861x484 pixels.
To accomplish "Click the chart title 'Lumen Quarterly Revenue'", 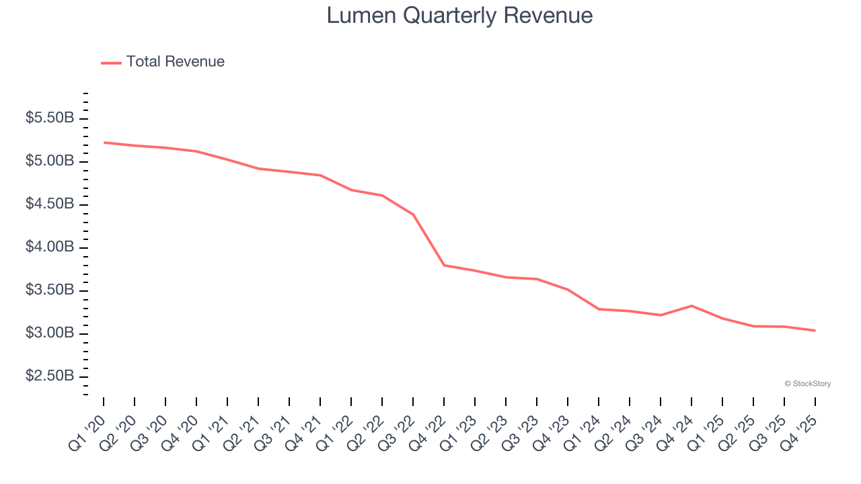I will [x=459, y=15].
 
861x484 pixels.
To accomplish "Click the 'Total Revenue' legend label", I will [x=175, y=62].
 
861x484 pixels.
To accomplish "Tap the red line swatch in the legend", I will [x=111, y=63].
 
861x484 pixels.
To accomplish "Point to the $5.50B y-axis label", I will [x=49, y=118].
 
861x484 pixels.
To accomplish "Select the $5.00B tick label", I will [x=49, y=161].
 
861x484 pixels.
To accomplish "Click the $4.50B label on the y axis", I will [x=49, y=204].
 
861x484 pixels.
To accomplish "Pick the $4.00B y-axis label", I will [x=49, y=247].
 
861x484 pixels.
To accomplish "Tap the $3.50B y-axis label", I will [x=49, y=290].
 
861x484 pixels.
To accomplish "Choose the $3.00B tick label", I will [x=49, y=333].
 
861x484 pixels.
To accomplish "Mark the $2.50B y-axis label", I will [x=49, y=376].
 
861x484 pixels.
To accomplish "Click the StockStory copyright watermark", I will [x=807, y=384].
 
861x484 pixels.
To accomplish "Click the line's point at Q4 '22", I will [x=444, y=265].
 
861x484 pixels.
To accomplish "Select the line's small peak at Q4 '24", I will [x=691, y=306].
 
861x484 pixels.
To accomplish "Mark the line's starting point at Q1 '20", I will [x=104, y=143].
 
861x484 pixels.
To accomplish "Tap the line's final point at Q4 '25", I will [x=815, y=330].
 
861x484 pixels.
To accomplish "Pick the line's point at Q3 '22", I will [x=413, y=214].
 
